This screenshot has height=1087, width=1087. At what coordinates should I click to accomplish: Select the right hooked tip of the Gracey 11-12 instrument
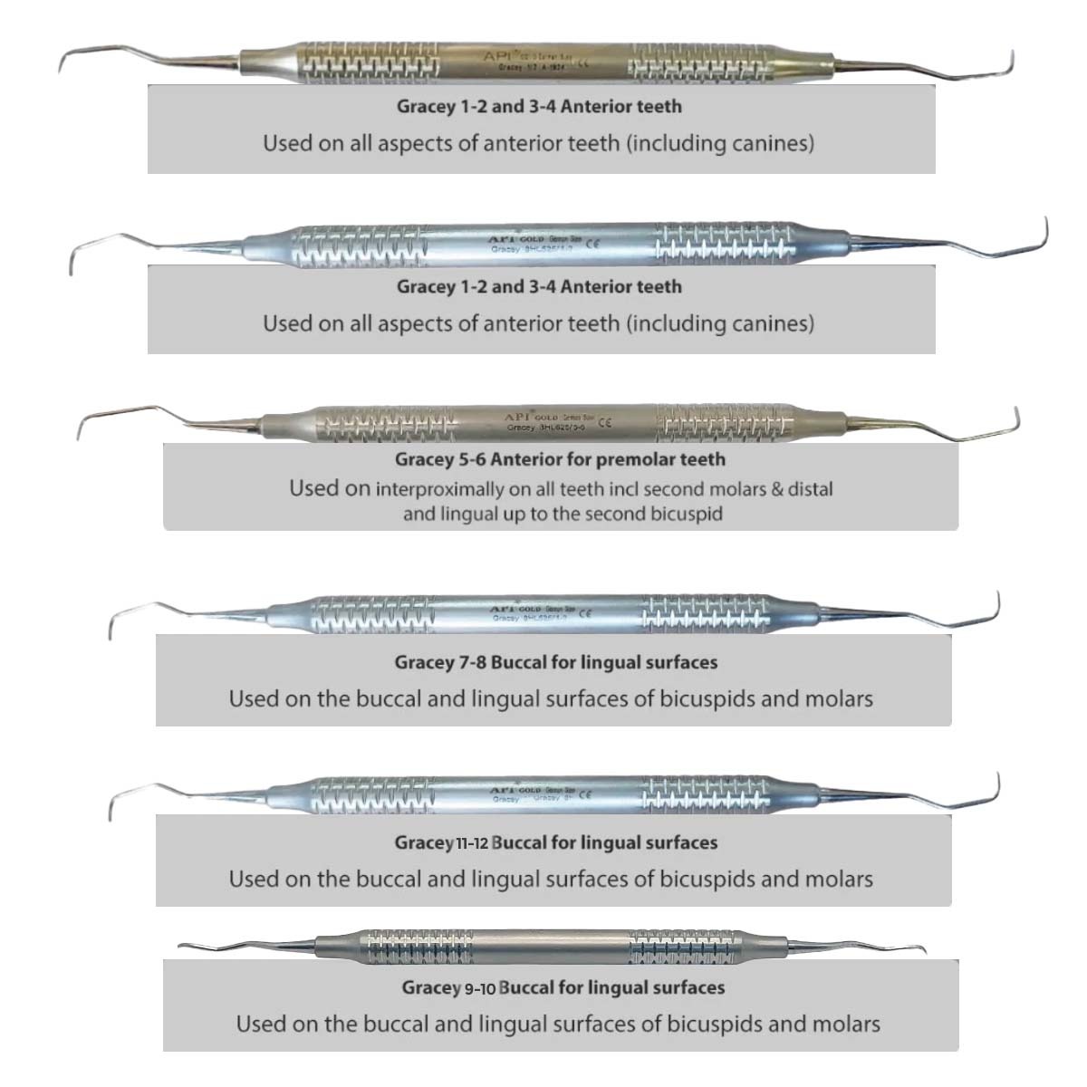(x=997, y=784)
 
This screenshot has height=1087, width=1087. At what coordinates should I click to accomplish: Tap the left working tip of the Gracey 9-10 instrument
(x=181, y=947)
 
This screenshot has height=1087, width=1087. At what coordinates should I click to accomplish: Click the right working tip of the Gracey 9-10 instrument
(x=922, y=951)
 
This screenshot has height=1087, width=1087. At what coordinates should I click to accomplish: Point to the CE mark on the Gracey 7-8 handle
(x=584, y=613)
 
